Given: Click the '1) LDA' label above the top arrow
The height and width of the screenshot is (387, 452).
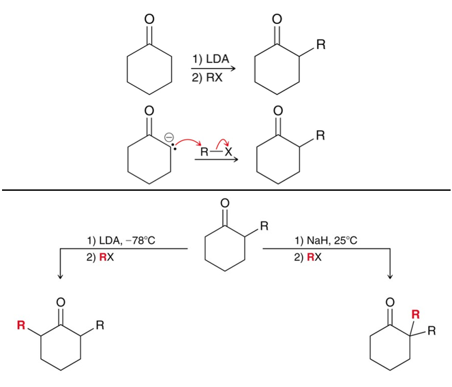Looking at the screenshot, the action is [x=211, y=59].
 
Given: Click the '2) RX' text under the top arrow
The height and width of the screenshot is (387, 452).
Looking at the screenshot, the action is [x=207, y=78].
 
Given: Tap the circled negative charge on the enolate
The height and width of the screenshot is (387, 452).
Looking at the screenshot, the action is [x=169, y=137].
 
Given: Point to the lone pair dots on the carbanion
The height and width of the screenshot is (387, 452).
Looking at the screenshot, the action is [x=174, y=146].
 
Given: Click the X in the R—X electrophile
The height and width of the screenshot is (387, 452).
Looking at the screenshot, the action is [x=228, y=151].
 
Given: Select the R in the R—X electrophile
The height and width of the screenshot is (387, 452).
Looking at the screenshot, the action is [x=204, y=151].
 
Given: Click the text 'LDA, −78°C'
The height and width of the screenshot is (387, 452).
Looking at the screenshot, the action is [x=127, y=240].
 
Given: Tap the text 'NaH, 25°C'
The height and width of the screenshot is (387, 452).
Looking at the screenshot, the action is [x=332, y=240].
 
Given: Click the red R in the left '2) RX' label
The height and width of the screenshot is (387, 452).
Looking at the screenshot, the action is [x=103, y=257].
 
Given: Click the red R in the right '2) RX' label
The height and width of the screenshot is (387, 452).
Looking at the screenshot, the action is [x=310, y=257].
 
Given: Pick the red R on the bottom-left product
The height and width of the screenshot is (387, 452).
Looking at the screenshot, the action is [x=21, y=325].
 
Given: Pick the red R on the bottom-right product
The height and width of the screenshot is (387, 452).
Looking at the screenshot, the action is [x=415, y=314].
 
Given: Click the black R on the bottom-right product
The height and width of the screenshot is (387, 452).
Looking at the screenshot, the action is [x=432, y=330].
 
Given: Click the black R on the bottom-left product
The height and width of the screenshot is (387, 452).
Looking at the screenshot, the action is [x=100, y=325].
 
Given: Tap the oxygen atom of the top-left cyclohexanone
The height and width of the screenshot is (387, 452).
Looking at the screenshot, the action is [x=149, y=19].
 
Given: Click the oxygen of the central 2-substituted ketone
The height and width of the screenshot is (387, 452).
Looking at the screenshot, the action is [x=225, y=203].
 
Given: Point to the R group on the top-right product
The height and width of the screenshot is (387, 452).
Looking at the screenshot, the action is [x=321, y=45].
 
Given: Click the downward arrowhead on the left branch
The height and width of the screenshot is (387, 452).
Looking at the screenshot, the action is [x=60, y=276].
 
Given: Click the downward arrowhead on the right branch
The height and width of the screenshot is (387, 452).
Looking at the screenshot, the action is [x=390, y=276].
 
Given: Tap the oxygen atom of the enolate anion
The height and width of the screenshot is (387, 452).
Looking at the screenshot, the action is [x=149, y=111].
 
